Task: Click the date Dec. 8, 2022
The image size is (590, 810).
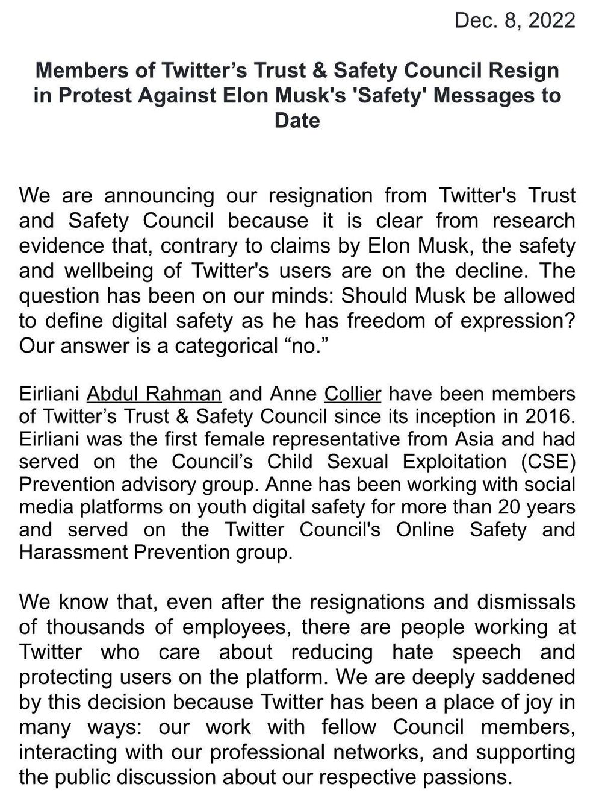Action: (x=514, y=20)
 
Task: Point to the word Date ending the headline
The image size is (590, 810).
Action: (x=297, y=120)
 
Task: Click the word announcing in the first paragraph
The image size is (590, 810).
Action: (x=160, y=195)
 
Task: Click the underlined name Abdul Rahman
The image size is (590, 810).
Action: (x=154, y=394)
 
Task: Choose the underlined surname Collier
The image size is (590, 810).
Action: (x=353, y=394)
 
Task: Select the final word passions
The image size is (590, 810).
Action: (x=464, y=777)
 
